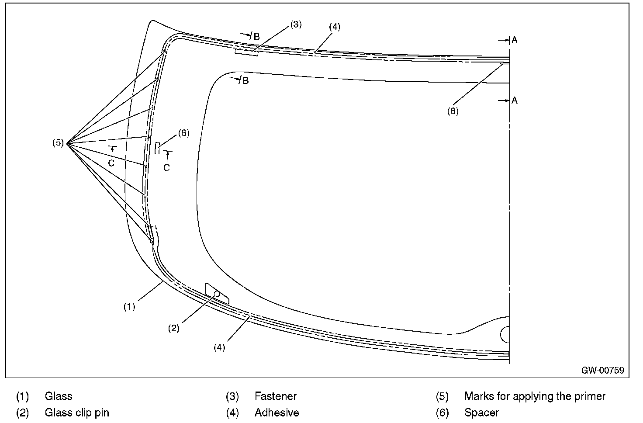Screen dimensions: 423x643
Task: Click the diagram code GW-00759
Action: pos(602,370)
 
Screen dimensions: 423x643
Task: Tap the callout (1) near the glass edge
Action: pos(129,307)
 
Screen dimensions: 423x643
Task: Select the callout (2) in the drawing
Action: pos(174,329)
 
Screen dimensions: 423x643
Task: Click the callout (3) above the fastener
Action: pos(296,24)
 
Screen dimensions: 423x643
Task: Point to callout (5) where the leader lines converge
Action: pos(58,142)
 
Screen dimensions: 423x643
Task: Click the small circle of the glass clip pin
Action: pos(217,294)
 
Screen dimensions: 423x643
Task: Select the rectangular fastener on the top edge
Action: pos(246,53)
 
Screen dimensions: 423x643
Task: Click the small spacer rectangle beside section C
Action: pos(157,148)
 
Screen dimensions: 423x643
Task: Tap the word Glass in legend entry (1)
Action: pos(59,396)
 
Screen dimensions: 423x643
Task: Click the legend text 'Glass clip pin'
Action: pos(77,413)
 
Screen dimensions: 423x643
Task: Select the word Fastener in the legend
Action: pos(275,396)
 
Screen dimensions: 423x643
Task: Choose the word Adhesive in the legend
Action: pos(277,413)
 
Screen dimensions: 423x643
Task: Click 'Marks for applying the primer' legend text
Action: pos(535,396)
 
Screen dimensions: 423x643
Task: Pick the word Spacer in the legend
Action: pos(481,413)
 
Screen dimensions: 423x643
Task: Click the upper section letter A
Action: pos(515,40)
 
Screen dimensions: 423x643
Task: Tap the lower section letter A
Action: pos(515,101)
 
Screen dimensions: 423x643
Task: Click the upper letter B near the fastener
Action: pos(256,37)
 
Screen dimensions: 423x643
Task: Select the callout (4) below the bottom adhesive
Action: pos(219,348)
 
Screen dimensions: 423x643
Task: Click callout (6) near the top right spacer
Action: pos(453,111)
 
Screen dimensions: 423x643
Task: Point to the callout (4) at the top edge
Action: pos(334,27)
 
